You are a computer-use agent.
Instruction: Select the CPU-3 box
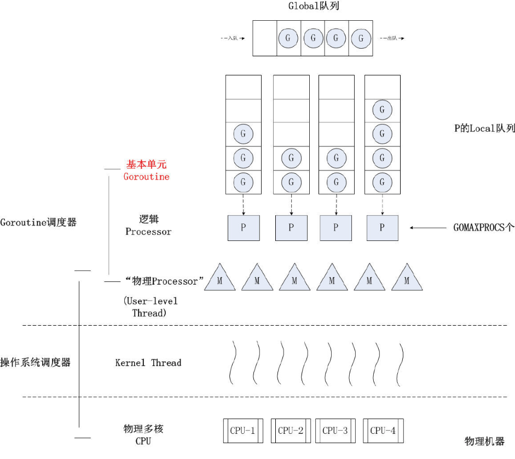tap(335, 431)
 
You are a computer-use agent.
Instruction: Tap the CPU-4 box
tap(382, 431)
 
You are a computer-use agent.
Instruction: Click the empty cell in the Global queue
tap(264, 38)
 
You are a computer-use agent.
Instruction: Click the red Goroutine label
tap(146, 177)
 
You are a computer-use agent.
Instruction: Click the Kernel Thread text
tap(148, 363)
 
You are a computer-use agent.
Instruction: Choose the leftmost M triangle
tap(219, 279)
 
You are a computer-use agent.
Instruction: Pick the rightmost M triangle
tap(407, 279)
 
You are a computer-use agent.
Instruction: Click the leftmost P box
tap(244, 228)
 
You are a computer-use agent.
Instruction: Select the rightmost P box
tap(382, 228)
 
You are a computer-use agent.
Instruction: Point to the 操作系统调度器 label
tap(35, 363)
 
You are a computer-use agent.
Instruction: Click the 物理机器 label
tap(484, 442)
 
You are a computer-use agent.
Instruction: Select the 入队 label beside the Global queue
tap(232, 39)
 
